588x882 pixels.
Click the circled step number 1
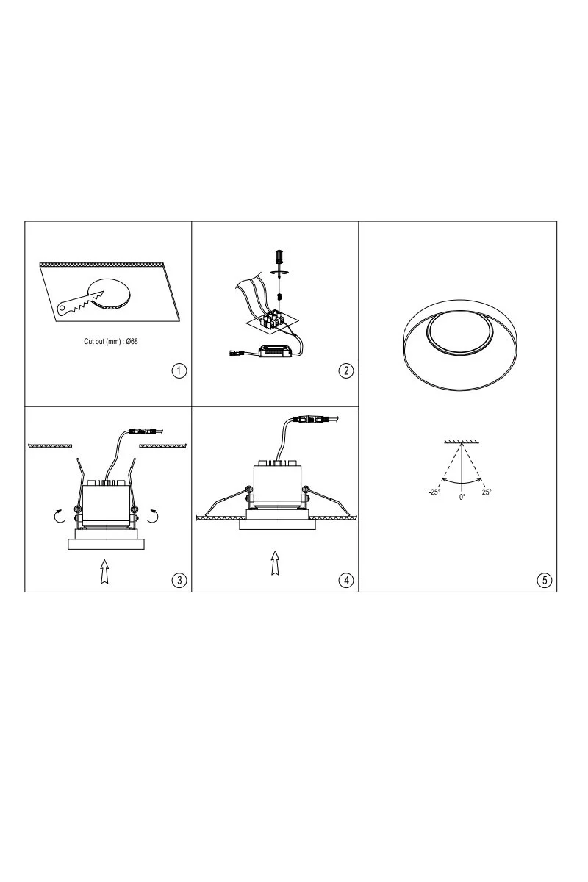pyautogui.click(x=179, y=370)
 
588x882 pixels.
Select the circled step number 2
pyautogui.click(x=346, y=370)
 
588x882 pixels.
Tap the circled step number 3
pyautogui.click(x=179, y=580)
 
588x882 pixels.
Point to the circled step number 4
pyautogui.click(x=346, y=580)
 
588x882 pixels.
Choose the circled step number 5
pyautogui.click(x=545, y=580)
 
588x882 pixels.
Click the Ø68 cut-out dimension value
pyautogui.click(x=132, y=341)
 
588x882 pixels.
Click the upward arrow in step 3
pyautogui.click(x=104, y=571)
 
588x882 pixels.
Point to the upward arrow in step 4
pyautogui.click(x=276, y=563)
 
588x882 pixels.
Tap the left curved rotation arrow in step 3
pyautogui.click(x=60, y=516)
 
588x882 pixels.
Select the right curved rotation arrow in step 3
pyautogui.click(x=152, y=516)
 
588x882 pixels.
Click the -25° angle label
pyautogui.click(x=434, y=492)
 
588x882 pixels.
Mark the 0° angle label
pyautogui.click(x=462, y=497)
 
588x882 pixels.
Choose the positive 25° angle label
pyautogui.click(x=487, y=492)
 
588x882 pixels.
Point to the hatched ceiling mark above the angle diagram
pyautogui.click(x=462, y=442)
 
